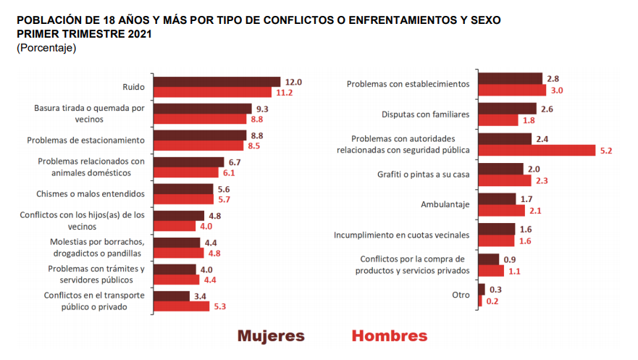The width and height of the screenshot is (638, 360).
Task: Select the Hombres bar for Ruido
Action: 213,93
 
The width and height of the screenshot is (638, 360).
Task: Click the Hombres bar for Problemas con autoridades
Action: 537,151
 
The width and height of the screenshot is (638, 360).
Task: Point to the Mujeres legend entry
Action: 271,336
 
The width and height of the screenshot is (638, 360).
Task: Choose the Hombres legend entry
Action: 389,336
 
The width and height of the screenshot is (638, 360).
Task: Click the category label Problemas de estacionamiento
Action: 86,140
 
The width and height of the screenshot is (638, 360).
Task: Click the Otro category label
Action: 460,295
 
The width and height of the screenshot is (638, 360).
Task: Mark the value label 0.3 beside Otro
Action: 495,290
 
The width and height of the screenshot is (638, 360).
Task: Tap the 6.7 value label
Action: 235,162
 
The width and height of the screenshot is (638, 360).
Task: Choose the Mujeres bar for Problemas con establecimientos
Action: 510,78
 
